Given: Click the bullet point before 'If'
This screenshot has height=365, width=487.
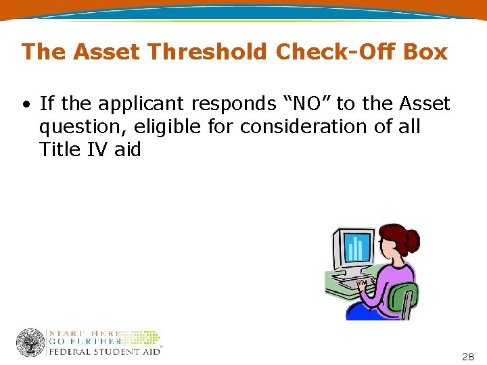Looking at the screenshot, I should point(25,105).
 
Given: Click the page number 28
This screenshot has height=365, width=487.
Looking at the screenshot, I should point(467,356).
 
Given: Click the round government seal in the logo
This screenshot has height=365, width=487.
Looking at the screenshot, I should point(30,343).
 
